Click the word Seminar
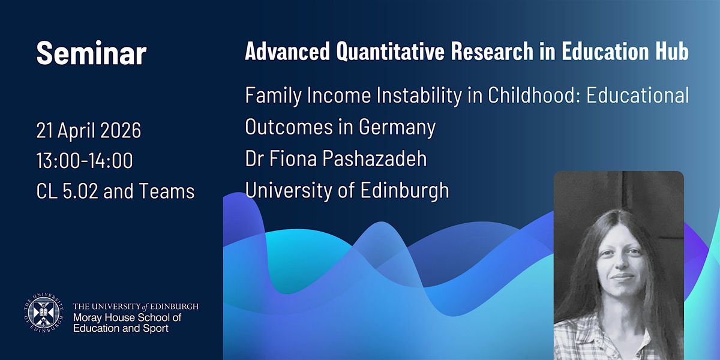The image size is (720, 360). pyautogui.click(x=92, y=53)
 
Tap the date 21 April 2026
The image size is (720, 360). pyautogui.click(x=89, y=130)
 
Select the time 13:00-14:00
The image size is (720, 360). pyautogui.click(x=85, y=160)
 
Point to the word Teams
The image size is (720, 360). pyautogui.click(x=167, y=191)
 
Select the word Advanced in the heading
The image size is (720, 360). pyautogui.click(x=287, y=51)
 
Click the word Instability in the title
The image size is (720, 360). pyautogui.click(x=419, y=95)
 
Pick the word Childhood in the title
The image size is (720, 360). pyautogui.click(x=534, y=95)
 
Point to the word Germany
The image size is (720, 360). pyautogui.click(x=397, y=127)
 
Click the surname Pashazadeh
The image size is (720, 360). pyautogui.click(x=375, y=158)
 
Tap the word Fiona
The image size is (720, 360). pyautogui.click(x=293, y=158)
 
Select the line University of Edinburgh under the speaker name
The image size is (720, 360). pyautogui.click(x=347, y=190)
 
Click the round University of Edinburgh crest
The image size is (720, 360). pyautogui.click(x=43, y=313)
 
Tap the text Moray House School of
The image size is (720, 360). pyautogui.click(x=127, y=317)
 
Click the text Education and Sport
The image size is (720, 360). pyautogui.click(x=121, y=328)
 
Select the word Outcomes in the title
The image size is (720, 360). pyautogui.click(x=289, y=127)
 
